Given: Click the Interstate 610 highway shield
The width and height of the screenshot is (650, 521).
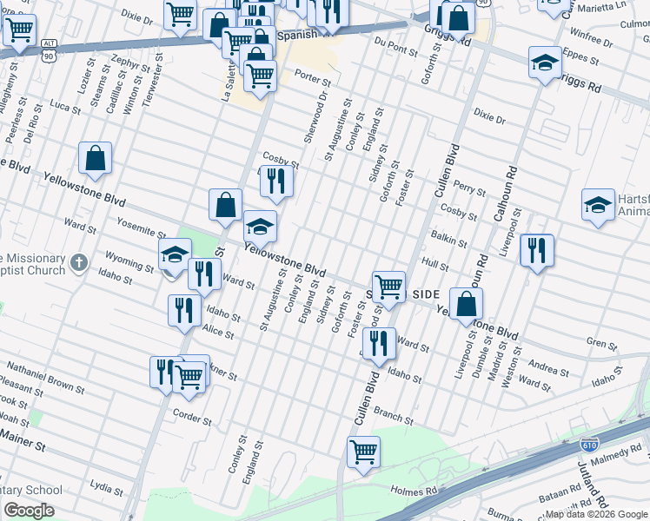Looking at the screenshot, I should pos(588,444).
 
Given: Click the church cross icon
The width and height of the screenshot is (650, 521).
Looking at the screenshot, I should pos(79,261).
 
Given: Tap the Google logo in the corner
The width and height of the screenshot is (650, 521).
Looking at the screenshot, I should pos(28,511).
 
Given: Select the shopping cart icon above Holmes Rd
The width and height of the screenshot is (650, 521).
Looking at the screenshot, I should pos(363,450).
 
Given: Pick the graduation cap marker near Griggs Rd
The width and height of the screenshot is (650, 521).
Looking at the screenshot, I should pos(545,63).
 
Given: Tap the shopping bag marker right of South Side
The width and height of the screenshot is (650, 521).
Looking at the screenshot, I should pos(466,303).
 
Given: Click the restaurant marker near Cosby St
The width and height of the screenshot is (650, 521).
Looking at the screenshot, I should pos(276,180).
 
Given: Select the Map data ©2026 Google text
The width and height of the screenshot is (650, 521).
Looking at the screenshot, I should pos(595,514).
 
